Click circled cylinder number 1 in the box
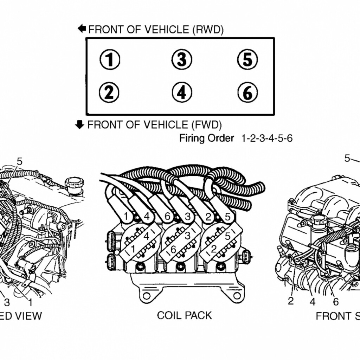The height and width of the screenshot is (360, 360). pos(110,60)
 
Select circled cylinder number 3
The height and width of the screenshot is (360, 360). pos(181,59)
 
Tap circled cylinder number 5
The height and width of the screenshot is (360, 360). pos(247,59)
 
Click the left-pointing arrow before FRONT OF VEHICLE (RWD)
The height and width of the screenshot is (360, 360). pos(82,28)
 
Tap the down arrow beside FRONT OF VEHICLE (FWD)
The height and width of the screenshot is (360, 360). pos(80,124)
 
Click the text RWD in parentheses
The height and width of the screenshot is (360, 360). pos(207,30)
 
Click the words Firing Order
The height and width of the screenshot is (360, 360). pos(206,138)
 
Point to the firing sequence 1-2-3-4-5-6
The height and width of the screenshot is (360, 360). pos(266,138)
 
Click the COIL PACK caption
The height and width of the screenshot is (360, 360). pos(184,315)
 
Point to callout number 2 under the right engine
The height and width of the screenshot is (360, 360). pos(290,301)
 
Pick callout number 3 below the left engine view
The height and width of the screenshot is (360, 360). pos(7,302)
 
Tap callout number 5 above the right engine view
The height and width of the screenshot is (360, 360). pos(347,159)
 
